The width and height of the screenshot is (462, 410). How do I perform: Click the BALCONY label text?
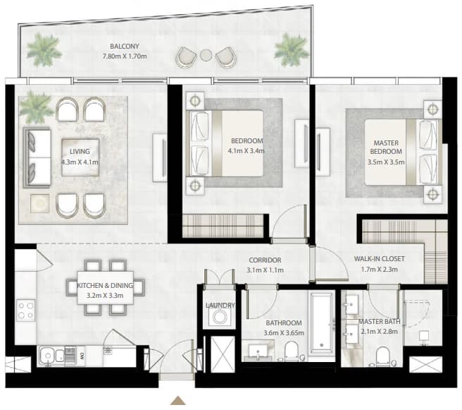click(125, 47)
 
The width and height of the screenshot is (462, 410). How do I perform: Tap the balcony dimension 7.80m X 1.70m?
click(125, 56)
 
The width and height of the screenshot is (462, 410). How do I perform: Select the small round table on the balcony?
click(206, 55)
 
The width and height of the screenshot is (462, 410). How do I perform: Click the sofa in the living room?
click(37, 157)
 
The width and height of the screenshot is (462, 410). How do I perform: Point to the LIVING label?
click(80, 152)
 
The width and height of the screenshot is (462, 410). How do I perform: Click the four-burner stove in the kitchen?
click(26, 310)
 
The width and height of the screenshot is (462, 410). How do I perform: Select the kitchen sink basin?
click(46, 356)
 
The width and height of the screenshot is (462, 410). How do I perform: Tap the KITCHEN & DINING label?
click(105, 285)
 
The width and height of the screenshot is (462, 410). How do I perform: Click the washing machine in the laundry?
click(219, 318)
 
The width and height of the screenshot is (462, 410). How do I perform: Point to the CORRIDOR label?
click(265, 260)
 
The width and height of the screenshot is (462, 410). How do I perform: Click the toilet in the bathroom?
click(292, 351)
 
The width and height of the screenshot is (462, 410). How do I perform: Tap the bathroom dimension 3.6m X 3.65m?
click(284, 333)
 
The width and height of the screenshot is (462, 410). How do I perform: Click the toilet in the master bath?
click(383, 356)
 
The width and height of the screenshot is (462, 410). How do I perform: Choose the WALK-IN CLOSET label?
click(379, 259)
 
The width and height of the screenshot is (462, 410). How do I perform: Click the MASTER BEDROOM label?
click(386, 147)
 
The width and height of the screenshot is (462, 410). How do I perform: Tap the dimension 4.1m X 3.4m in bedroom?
click(246, 151)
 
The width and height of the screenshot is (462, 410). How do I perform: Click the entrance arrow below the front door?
click(178, 400)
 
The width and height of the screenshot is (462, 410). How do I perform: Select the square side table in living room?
click(39, 203)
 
